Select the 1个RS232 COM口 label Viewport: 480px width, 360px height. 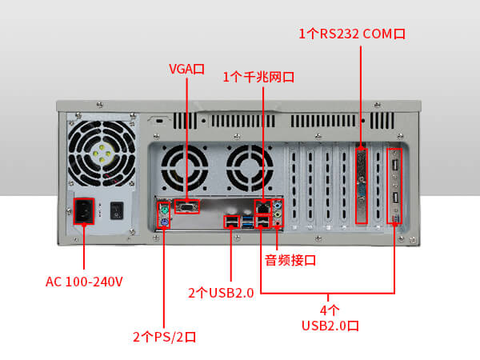pos(352,34)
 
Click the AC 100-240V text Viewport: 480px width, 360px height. pos(84,282)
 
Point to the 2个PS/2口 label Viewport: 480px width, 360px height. pos(164,336)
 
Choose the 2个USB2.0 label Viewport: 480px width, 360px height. pos(221,293)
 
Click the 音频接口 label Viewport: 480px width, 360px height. pos(291,260)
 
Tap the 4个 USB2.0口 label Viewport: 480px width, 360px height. pos(330,318)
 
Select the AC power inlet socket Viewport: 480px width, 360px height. pos(84,212)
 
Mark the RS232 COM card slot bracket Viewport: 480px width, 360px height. pos(361,184)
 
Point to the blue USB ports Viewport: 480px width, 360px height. pos(262,222)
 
